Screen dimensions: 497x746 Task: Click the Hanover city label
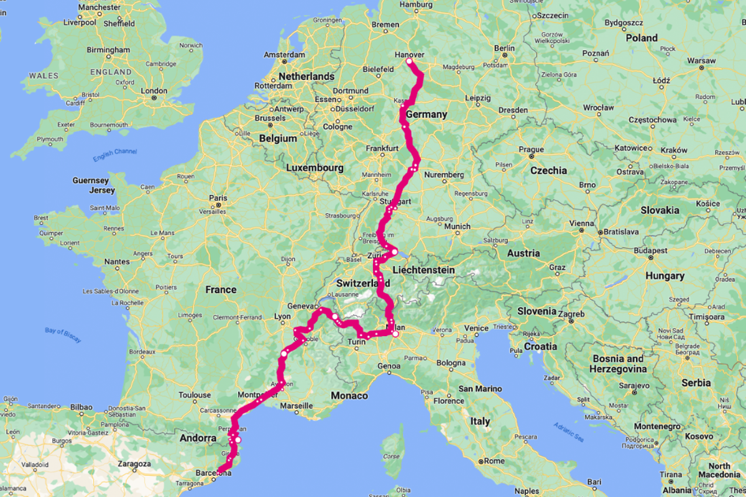pos(410,55)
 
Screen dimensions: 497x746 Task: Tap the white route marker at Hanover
pos(410,62)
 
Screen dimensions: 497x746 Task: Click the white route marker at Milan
pos(395,334)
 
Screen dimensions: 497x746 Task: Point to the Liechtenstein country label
pos(424,270)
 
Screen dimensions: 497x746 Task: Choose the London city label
pos(154,91)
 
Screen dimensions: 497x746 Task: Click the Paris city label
pos(218,199)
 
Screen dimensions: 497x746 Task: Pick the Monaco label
pos(349,396)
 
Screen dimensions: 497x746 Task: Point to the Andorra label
pos(198,438)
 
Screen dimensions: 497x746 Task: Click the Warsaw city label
pos(702,61)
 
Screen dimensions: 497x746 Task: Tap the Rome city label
pos(495,461)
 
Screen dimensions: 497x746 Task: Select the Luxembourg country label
pos(315,168)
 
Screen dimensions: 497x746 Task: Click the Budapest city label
pos(650,251)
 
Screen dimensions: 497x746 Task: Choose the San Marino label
pos(479,389)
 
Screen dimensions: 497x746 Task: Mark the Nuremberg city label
pos(444,175)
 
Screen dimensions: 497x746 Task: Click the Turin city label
pos(357,342)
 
